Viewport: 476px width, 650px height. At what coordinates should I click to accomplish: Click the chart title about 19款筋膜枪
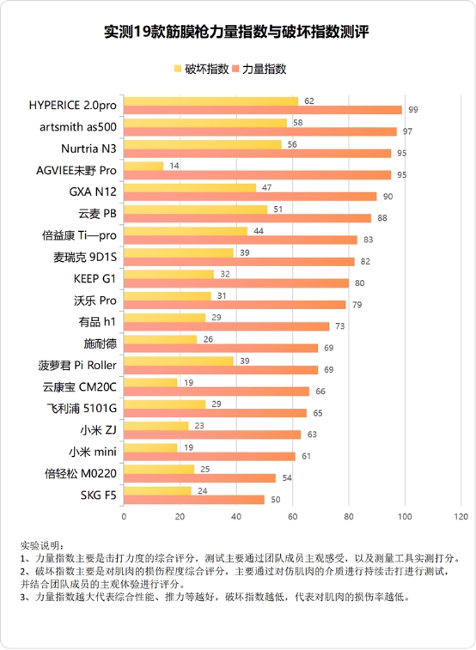pos(237,33)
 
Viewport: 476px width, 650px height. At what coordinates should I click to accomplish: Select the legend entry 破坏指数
pos(201,69)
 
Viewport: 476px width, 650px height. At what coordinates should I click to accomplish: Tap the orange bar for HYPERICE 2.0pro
pos(263,110)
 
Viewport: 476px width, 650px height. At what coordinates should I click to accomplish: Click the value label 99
pos(413,110)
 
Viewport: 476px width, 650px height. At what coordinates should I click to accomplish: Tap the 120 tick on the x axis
pos(461,517)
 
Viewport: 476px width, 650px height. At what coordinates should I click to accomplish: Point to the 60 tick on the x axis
pos(292,517)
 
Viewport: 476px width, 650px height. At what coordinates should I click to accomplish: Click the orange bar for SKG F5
pos(194,499)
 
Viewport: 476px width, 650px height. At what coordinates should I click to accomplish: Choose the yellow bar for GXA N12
pos(190,187)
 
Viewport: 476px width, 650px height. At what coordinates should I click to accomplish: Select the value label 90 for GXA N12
pos(388,197)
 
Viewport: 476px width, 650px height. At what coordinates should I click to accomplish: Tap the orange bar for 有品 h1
pos(226,326)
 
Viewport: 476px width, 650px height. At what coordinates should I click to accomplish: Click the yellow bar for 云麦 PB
pos(195,209)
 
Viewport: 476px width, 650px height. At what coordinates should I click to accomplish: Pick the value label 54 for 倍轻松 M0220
pos(287,478)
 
